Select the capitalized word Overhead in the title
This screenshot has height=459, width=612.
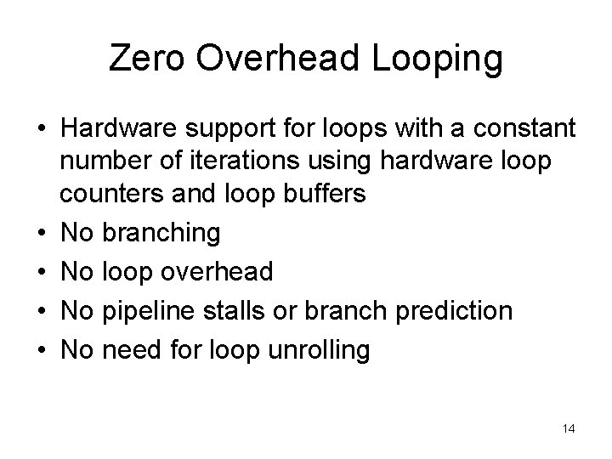click(275, 59)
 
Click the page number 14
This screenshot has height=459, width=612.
click(568, 429)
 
